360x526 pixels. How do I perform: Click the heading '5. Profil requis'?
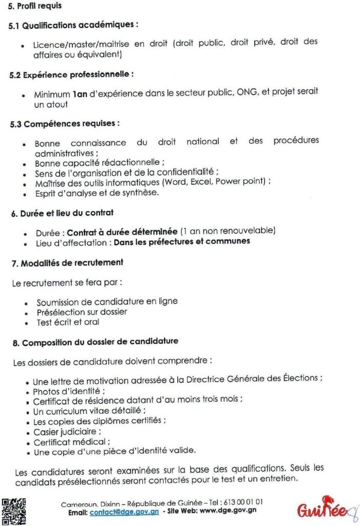pos(35,6)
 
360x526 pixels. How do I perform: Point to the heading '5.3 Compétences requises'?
pos(65,124)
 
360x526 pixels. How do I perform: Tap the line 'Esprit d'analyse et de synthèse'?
pos(97,193)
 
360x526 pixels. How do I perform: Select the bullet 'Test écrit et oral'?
pos(68,322)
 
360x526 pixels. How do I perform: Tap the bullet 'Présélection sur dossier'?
pos(82,312)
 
